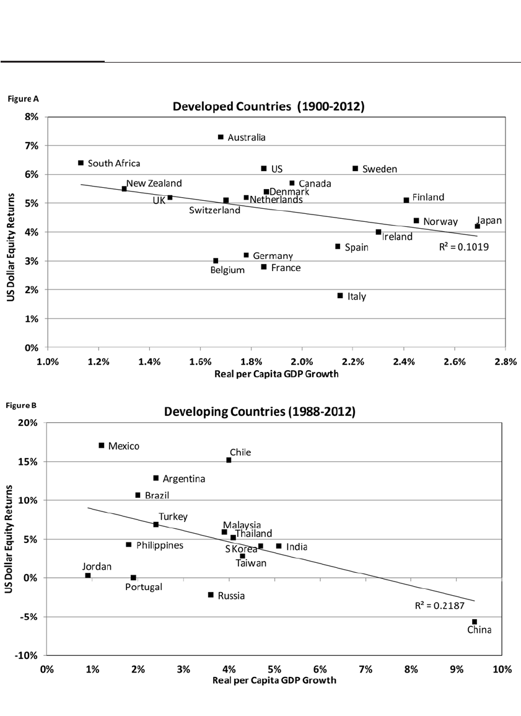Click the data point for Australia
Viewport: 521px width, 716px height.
[221, 137]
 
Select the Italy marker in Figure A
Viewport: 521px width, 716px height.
[340, 296]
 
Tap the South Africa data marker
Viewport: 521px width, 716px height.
[81, 163]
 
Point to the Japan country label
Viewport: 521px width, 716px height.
[489, 220]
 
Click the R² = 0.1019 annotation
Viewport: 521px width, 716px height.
[460, 246]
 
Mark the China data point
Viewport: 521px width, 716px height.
[475, 622]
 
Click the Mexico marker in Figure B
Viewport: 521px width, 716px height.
[102, 445]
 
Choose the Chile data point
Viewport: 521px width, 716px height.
[229, 460]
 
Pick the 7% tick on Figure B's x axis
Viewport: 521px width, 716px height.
[366, 670]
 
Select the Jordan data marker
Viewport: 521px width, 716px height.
[88, 576]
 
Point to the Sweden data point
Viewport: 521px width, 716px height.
[356, 168]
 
